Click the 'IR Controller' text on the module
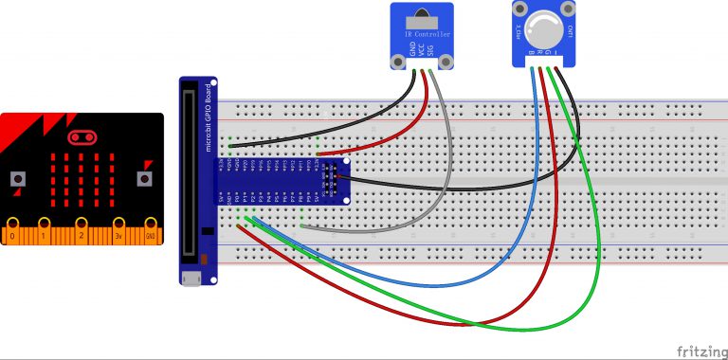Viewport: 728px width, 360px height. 426,35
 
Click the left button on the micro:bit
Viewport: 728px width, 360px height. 17,178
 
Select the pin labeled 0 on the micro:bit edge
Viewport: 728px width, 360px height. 12,232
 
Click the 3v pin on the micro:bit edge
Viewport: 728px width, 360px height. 118,232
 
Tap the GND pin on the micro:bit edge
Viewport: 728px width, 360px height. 150,232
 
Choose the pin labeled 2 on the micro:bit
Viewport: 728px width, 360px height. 82,232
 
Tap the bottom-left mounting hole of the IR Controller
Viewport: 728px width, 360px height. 398,62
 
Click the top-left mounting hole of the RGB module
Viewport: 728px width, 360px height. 519,7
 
